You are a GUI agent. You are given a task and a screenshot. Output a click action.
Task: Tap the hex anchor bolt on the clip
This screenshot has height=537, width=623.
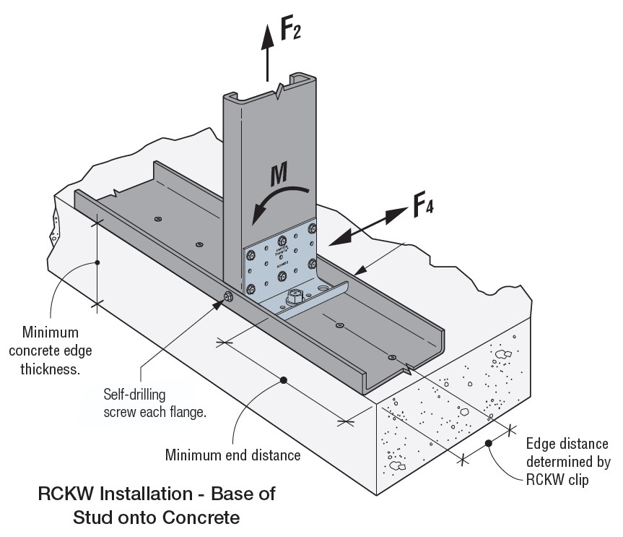pyautogui.click(x=296, y=296)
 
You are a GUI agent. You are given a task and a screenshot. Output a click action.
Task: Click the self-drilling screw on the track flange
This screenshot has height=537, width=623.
pyautogui.click(x=228, y=296)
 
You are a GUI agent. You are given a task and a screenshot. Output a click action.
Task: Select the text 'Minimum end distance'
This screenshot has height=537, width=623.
pyautogui.click(x=233, y=455)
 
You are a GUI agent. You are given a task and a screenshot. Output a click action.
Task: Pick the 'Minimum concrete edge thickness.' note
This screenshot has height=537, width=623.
pyautogui.click(x=50, y=351)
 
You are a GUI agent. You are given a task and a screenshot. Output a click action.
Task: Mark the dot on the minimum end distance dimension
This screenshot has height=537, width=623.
pyautogui.click(x=284, y=379)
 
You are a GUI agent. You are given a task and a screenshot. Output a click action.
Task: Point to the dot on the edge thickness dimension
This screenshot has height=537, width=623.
pyautogui.click(x=97, y=262)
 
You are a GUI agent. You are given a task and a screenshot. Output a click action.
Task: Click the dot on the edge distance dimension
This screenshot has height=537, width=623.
pyautogui.click(x=488, y=443)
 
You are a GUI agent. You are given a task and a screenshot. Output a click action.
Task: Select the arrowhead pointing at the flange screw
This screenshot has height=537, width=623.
pyautogui.click(x=219, y=304)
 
